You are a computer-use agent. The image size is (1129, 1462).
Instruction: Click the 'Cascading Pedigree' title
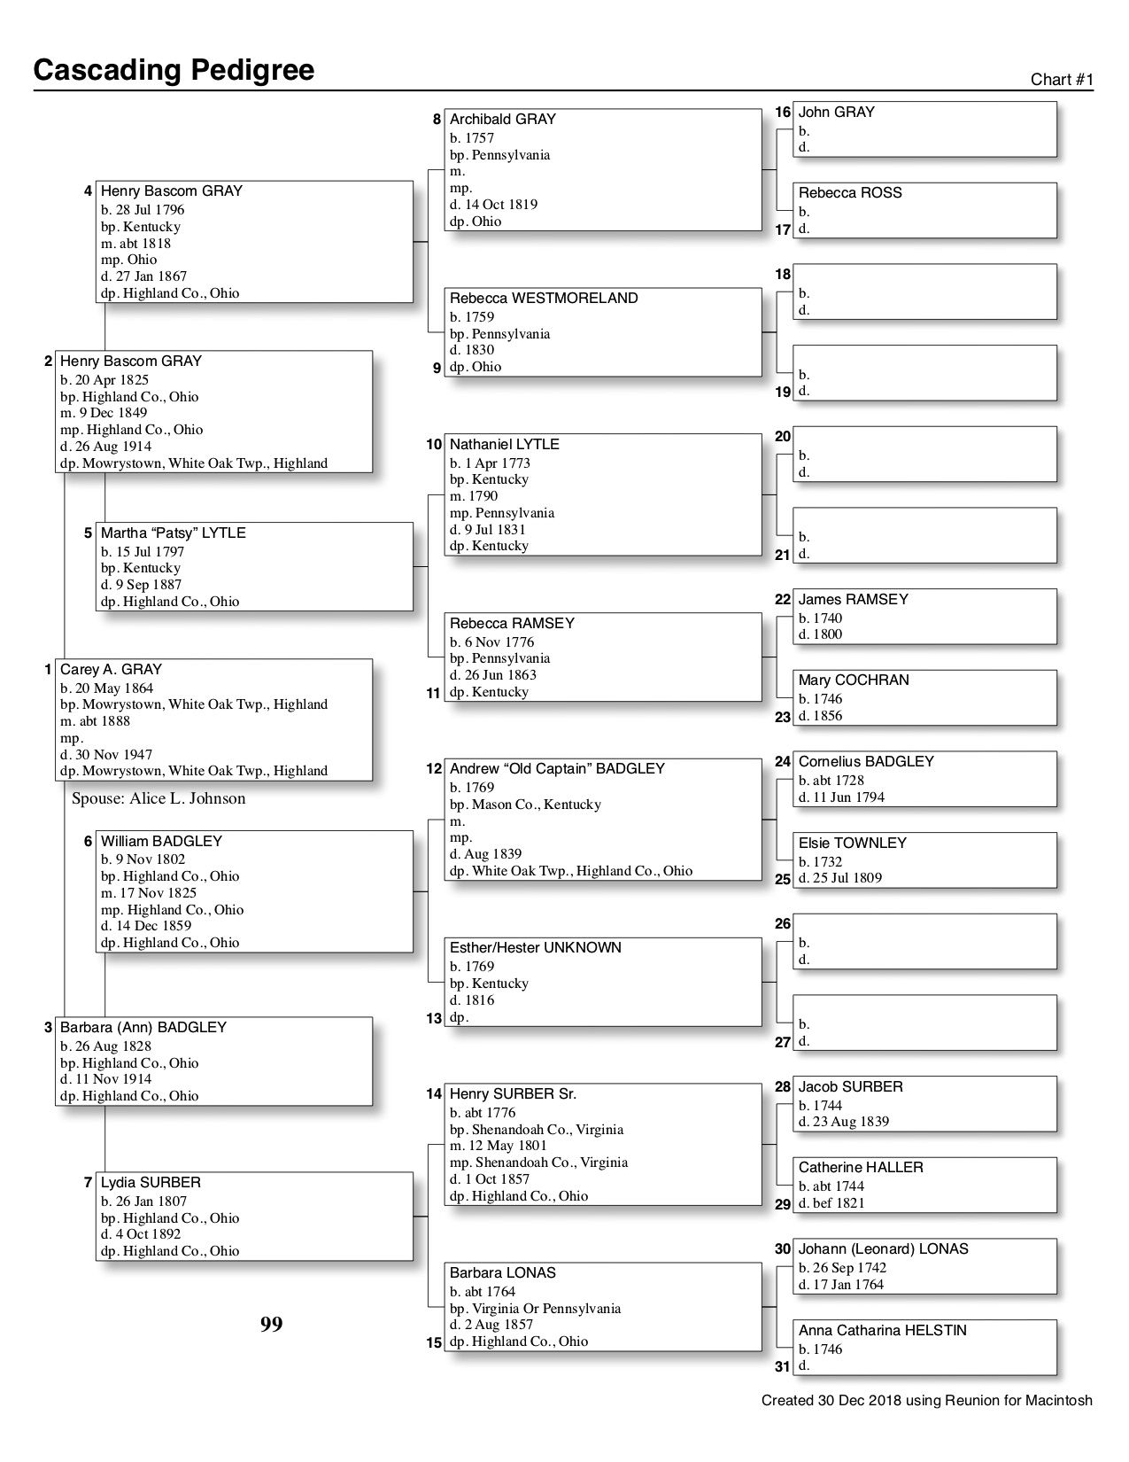(x=174, y=70)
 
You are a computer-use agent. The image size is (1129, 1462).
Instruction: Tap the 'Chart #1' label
(x=1062, y=80)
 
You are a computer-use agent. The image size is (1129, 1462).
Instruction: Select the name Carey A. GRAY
(x=111, y=670)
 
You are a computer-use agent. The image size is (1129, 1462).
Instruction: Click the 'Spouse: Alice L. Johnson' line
(x=159, y=798)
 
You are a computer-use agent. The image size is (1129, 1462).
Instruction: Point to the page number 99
(x=271, y=1325)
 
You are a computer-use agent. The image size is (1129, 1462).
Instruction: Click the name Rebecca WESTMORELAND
(x=543, y=299)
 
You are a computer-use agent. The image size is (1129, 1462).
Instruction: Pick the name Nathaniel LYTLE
(x=504, y=445)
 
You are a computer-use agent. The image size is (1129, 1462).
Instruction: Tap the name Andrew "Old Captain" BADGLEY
(x=556, y=769)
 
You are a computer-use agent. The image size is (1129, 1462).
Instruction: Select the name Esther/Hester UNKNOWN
(x=535, y=948)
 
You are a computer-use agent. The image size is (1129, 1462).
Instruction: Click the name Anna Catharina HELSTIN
(x=882, y=1331)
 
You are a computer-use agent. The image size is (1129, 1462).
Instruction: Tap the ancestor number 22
(x=782, y=600)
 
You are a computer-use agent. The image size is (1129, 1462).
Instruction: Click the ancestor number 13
(x=433, y=1019)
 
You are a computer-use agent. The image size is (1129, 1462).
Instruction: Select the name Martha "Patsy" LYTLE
(x=173, y=533)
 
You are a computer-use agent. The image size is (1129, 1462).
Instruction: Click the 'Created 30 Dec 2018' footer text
(x=926, y=1401)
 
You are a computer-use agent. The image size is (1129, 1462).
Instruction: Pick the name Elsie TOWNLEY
(x=852, y=844)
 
